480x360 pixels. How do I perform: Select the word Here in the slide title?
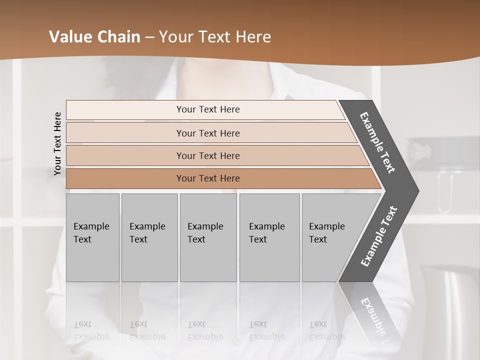tap(253, 37)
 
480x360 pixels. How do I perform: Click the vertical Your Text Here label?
tap(58, 144)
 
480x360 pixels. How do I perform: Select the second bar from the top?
tap(208, 133)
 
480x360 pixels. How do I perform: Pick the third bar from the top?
tap(208, 155)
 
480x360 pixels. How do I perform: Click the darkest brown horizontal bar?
tap(208, 178)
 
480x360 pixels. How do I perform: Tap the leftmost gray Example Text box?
tap(92, 237)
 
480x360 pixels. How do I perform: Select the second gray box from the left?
tap(149, 237)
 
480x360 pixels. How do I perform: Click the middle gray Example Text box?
tap(207, 237)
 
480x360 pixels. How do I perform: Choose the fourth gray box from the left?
tap(269, 237)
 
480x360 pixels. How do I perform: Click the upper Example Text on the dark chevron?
tap(378, 142)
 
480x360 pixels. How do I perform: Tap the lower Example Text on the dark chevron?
tap(378, 236)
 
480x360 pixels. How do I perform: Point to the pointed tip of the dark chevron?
tap(417, 191)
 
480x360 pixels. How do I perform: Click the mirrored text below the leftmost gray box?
tap(91, 330)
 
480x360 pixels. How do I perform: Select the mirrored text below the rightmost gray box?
tap(327, 330)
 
